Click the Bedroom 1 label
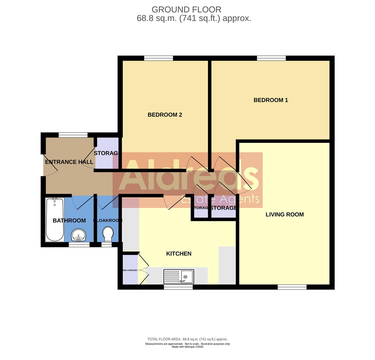click(271, 100)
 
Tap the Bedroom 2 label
click(165, 115)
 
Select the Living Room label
click(285, 215)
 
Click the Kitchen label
click(179, 254)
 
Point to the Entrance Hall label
click(69, 162)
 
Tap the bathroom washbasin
click(79, 235)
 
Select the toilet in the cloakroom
click(108, 234)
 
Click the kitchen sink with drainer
click(179, 277)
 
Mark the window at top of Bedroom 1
click(271, 58)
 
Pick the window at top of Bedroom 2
click(158, 58)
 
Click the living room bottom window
click(292, 287)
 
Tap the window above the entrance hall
click(73, 135)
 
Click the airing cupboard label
click(130, 270)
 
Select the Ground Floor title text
click(186, 10)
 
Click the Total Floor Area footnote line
click(187, 339)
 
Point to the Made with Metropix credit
click(187, 347)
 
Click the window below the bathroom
click(79, 245)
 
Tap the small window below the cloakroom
click(106, 245)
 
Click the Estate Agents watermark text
click(220, 199)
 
